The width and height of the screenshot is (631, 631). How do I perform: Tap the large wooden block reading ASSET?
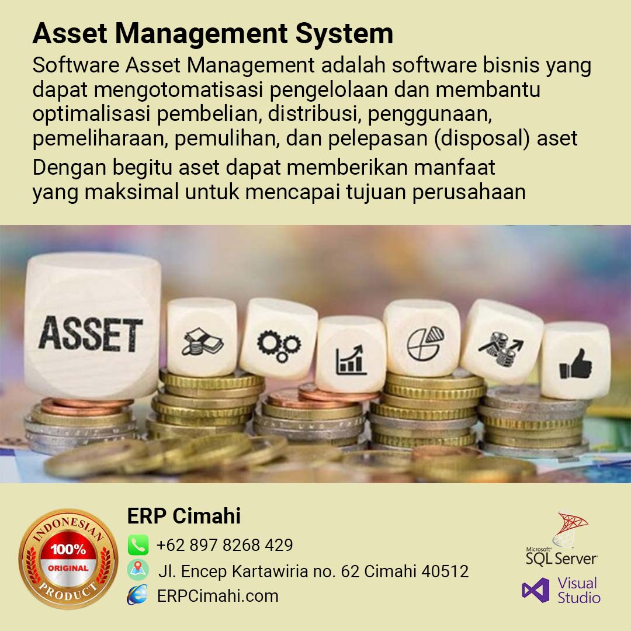point(92,325)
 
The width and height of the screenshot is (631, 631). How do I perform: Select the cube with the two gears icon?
point(279,339)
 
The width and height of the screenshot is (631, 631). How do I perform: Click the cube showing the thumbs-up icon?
point(576,360)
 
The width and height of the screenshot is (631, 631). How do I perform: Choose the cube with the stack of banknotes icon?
point(202,337)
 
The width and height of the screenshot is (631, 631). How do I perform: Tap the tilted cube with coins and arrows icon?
point(502,342)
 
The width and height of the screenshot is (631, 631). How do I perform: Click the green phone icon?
point(138,545)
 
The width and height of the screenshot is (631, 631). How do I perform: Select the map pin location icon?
point(138,570)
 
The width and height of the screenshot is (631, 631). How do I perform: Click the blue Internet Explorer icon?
point(138,595)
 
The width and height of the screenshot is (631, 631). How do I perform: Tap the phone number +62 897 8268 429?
point(224,545)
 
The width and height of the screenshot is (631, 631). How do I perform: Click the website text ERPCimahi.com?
point(218,596)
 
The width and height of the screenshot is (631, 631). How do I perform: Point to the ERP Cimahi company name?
point(184,516)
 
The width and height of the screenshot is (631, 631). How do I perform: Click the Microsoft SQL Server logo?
point(562,539)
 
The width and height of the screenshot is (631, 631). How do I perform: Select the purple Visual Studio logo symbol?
point(536,590)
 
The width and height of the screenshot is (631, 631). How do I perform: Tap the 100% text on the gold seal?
point(68,549)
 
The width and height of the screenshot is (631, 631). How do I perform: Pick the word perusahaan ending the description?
point(469,192)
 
